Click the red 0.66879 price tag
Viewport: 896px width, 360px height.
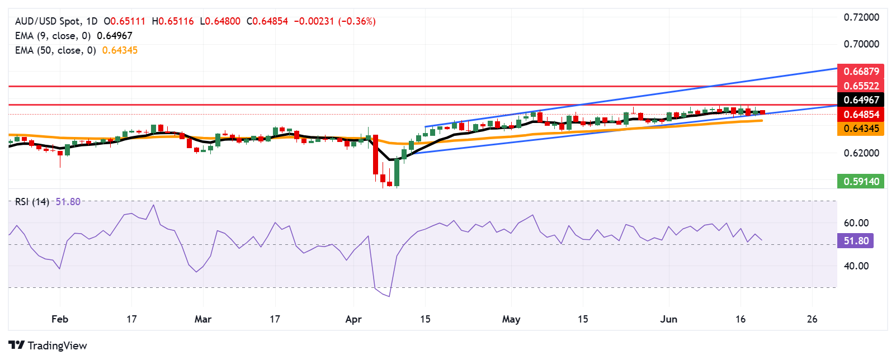[x=861, y=72]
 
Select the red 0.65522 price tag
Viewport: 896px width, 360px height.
[x=861, y=86]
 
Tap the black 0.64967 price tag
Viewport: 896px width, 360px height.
[x=861, y=100]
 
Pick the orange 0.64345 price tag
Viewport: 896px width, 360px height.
[x=861, y=129]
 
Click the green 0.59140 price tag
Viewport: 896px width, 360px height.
[x=861, y=181]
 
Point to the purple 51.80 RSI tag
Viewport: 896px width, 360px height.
[x=856, y=241]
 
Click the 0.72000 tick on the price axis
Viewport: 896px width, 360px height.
[x=861, y=17]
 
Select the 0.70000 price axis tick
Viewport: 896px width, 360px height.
[x=861, y=44]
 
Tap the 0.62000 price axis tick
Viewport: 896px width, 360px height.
[x=861, y=153]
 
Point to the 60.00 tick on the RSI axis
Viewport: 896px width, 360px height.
[x=856, y=223]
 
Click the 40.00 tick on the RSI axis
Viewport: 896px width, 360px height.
[x=856, y=266]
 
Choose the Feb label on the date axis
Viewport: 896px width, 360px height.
[x=60, y=319]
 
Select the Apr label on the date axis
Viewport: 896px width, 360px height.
[x=353, y=319]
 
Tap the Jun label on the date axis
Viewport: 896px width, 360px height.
[x=668, y=319]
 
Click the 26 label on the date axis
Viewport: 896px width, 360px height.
[x=812, y=319]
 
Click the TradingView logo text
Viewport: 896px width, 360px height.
[x=56, y=345]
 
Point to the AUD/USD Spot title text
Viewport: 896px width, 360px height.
[x=48, y=21]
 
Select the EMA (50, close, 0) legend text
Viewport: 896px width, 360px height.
[x=55, y=50]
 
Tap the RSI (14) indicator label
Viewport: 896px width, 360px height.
[x=32, y=202]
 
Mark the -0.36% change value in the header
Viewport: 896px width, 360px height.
[x=357, y=21]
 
